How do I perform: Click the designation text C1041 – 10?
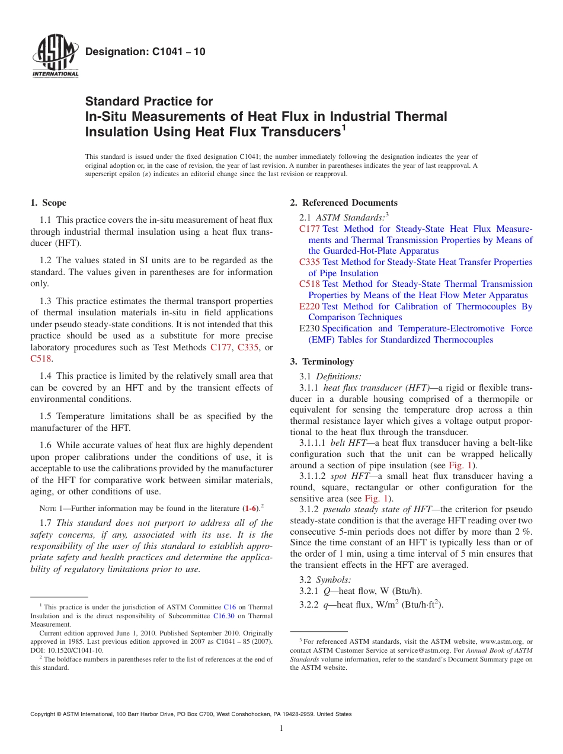point(145,52)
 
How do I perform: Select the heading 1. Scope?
point(49,203)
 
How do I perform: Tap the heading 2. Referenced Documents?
point(344,203)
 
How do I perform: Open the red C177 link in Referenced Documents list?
point(309,229)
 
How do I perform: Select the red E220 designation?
point(309,306)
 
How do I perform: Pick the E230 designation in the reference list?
point(309,328)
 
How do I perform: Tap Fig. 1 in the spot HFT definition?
point(376,499)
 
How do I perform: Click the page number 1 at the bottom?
point(281,729)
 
